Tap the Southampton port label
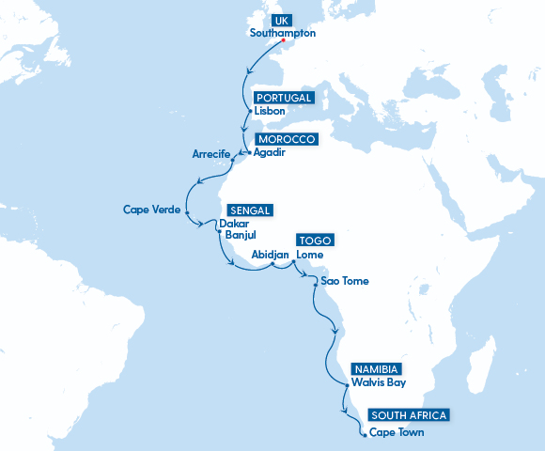pyautogui.click(x=283, y=33)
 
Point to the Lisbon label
pyautogui.click(x=270, y=111)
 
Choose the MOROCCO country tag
pyautogui.click(x=287, y=139)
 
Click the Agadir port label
pyautogui.click(x=269, y=152)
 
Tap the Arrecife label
pyautogui.click(x=211, y=154)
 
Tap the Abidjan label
pyautogui.click(x=270, y=255)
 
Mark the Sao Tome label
pyautogui.click(x=345, y=281)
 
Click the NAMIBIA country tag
pyautogui.click(x=377, y=368)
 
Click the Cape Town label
pyautogui.click(x=397, y=432)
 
